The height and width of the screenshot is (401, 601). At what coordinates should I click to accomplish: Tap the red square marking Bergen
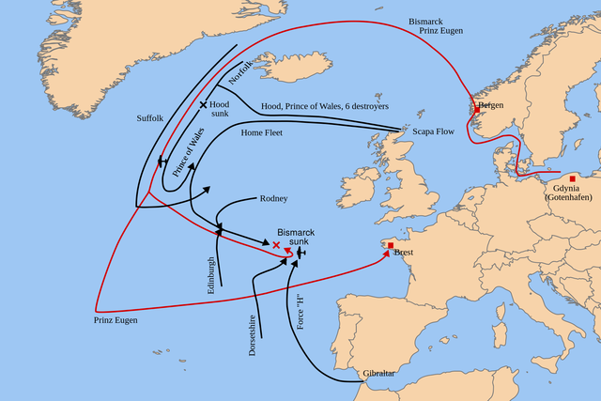[x=477, y=108]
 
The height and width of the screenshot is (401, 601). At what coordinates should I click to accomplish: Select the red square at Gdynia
[x=572, y=178]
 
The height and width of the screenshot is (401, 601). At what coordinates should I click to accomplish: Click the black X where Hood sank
[x=203, y=104]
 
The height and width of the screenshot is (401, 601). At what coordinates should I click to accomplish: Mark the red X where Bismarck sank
[x=276, y=244]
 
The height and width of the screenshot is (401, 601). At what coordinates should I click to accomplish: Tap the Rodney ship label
[x=273, y=199]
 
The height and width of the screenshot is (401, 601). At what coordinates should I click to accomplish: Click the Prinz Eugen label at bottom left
[x=115, y=321]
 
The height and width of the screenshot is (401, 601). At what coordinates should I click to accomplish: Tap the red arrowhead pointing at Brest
[x=380, y=251]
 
